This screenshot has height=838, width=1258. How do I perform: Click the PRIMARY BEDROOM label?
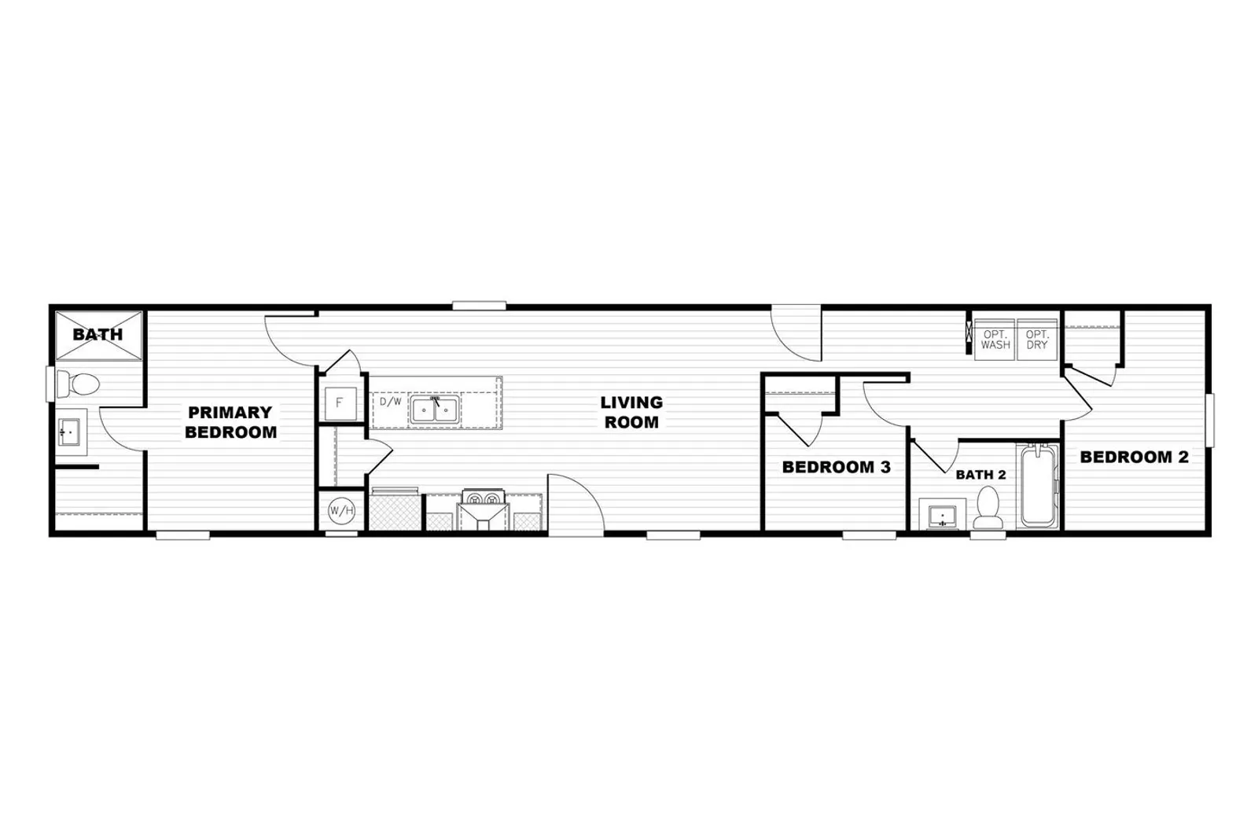[231, 422]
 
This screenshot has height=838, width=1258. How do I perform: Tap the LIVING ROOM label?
[632, 412]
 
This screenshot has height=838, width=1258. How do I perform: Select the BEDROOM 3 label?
[837, 467]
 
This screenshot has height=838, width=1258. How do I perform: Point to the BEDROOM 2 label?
[1135, 458]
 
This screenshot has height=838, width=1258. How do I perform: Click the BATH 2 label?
[980, 475]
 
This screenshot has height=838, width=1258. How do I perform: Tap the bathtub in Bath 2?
[1038, 486]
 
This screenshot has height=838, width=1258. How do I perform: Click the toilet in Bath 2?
[988, 508]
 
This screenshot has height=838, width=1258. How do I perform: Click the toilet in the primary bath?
[78, 384]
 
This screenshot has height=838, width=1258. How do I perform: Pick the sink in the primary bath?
[70, 432]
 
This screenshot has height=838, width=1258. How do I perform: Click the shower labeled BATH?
[99, 336]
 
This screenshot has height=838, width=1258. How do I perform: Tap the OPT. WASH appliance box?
[995, 340]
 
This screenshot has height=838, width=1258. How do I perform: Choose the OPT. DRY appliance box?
[1037, 340]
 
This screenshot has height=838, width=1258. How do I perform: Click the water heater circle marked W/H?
[341, 510]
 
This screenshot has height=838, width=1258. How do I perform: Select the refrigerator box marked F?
[340, 402]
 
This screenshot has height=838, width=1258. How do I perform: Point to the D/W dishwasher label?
[390, 402]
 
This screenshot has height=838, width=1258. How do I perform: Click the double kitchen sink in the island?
[436, 410]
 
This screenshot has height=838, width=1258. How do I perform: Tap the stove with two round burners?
[484, 498]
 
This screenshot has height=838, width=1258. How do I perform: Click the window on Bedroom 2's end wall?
[1210, 421]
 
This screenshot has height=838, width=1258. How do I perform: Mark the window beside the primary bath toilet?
[50, 384]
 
